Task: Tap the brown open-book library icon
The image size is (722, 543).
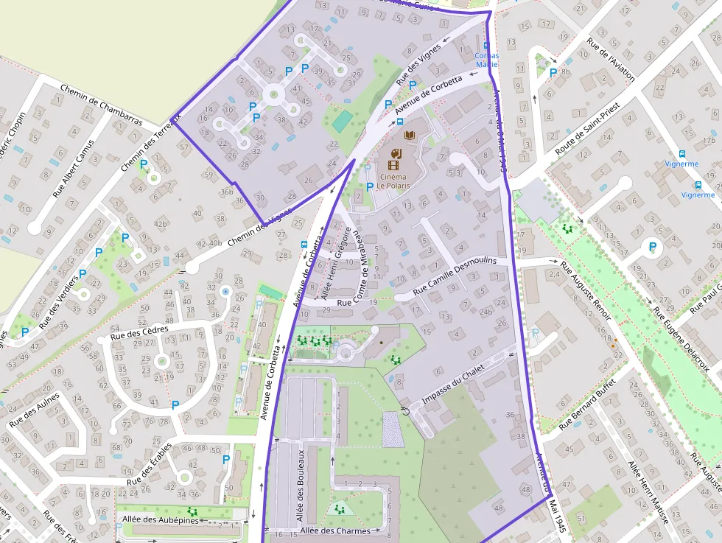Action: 410,136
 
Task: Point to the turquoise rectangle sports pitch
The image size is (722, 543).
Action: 341,120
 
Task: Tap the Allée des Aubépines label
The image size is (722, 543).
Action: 160,520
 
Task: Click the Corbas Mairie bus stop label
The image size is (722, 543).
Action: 486,60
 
